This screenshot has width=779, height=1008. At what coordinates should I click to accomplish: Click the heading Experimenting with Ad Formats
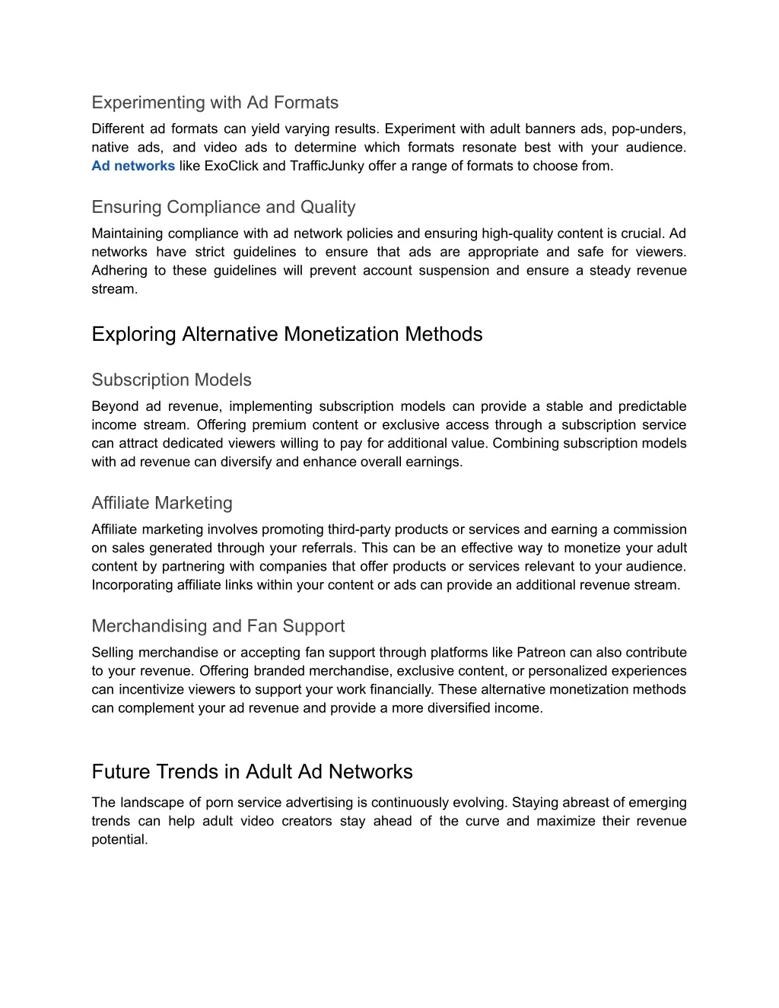[x=215, y=103]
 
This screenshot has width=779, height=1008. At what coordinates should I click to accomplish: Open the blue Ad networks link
[x=133, y=166]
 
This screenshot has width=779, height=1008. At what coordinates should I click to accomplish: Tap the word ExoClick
[x=232, y=166]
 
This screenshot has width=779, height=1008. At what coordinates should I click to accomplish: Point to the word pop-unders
[x=653, y=129]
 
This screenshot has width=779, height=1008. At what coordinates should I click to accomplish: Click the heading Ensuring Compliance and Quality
[x=223, y=207]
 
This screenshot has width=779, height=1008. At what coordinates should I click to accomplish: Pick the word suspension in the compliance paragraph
[x=453, y=271]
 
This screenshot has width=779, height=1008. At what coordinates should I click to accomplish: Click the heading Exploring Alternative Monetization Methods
[x=287, y=334]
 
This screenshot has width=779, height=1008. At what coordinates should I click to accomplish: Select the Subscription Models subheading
[x=171, y=380]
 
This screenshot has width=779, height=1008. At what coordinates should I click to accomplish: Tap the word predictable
[x=652, y=406]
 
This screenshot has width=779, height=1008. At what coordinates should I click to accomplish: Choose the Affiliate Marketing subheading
[x=162, y=503]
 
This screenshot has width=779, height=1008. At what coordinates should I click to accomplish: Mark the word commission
[x=650, y=529]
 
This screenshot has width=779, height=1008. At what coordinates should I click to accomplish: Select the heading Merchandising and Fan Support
[x=218, y=626]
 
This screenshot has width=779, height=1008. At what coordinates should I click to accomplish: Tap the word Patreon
[x=542, y=653]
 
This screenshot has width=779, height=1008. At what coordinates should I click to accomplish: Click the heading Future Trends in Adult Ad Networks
[x=252, y=771]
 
